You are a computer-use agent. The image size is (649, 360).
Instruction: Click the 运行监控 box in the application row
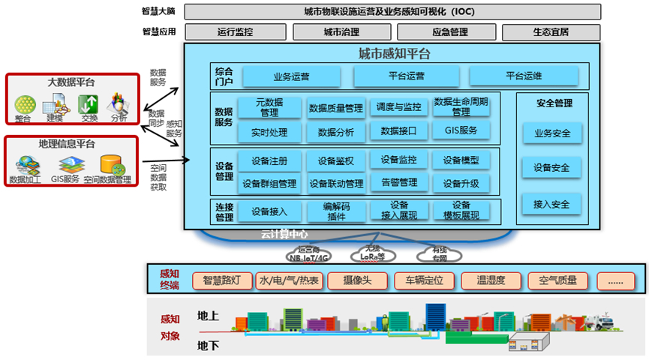point(235,32)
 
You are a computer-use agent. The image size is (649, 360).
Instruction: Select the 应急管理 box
point(449,32)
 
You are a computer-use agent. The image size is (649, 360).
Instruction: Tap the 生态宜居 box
point(551,32)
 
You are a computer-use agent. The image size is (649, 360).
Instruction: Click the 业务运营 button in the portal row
point(291,76)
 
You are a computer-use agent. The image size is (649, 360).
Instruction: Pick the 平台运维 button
point(524,76)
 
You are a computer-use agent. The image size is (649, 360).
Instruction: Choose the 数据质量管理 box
point(335,108)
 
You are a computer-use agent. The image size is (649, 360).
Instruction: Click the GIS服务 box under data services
point(461,131)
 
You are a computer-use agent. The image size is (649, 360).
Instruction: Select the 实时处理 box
point(270,132)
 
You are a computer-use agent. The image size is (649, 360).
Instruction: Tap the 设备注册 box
point(270,160)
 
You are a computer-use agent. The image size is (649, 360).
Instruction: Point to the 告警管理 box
point(398,182)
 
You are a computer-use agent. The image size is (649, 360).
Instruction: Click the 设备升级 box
point(461,182)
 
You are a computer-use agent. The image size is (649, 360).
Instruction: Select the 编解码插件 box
point(335,211)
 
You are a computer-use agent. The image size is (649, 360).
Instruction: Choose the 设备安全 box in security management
point(551,168)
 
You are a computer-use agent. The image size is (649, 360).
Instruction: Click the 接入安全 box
point(551,203)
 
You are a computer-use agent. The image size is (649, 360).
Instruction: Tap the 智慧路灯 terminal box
point(221,281)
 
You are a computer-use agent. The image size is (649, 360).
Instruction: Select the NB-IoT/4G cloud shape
point(308,254)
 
